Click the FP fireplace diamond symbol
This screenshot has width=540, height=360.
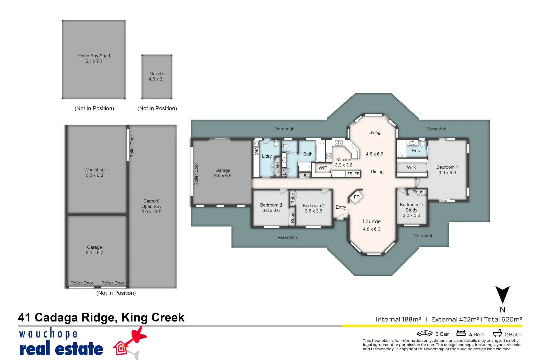(x=356, y=197)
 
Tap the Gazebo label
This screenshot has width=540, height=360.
(x=157, y=74)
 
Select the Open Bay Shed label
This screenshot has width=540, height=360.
(x=94, y=56)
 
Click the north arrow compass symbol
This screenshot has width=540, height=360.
(x=502, y=294)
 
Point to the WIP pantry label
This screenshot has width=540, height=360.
(x=323, y=168)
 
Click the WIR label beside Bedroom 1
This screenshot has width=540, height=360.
(x=411, y=167)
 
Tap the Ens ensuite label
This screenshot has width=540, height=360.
(x=416, y=150)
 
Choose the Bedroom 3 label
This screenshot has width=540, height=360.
(x=271, y=205)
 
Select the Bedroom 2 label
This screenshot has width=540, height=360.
(x=314, y=205)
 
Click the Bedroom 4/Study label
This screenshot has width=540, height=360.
(x=411, y=207)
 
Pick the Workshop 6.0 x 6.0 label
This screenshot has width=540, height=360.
(x=94, y=172)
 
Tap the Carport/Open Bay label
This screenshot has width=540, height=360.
(x=151, y=204)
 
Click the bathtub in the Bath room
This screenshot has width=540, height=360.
(x=320, y=151)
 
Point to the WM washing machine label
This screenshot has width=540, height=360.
(x=256, y=151)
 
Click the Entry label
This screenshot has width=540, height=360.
(x=341, y=207)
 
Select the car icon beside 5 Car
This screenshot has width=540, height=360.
(x=425, y=333)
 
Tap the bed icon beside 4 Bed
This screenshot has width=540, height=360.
(x=461, y=333)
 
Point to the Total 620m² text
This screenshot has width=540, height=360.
(x=503, y=319)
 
